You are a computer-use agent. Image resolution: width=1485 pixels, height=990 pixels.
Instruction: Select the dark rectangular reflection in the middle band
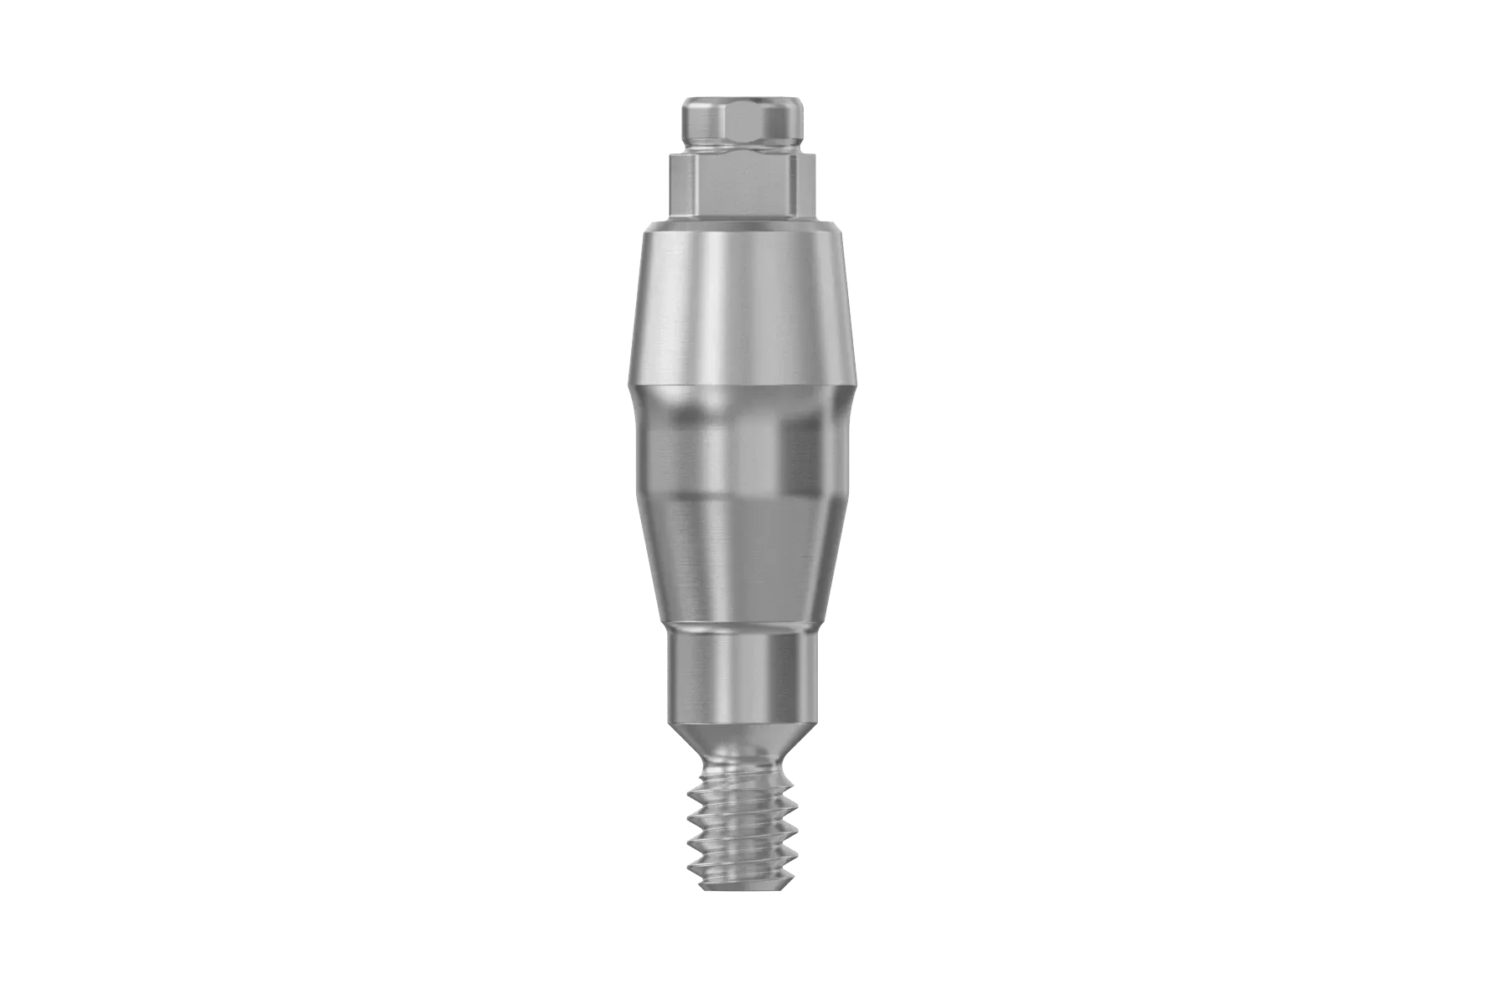click(x=800, y=457)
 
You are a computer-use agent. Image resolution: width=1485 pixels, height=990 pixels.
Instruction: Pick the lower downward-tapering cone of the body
click(x=742, y=557)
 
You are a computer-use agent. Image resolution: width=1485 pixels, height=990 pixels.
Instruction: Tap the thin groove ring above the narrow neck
click(x=742, y=627)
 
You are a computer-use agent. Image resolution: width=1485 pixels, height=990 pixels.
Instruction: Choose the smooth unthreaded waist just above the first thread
click(x=742, y=765)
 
